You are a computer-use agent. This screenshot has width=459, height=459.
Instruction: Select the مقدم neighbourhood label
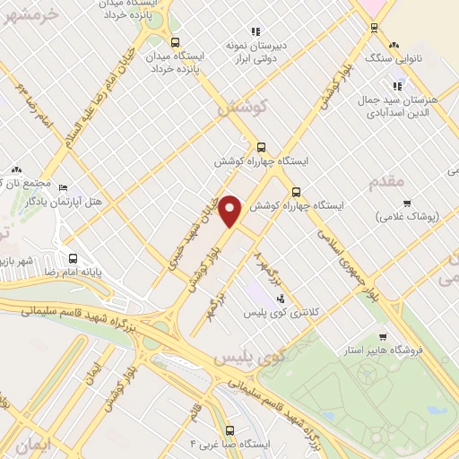386,182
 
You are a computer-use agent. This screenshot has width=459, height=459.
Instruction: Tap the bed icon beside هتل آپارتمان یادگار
62,187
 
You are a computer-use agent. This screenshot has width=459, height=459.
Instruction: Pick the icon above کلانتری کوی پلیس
281,299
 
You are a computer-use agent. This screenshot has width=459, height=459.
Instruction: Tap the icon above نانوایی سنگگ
394,45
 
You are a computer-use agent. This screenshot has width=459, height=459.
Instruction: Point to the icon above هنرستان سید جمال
395,87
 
